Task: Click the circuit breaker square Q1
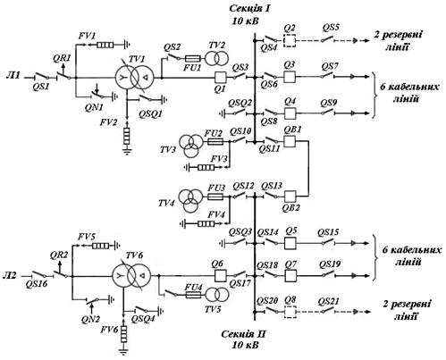click(221, 78)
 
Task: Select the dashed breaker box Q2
click(290, 40)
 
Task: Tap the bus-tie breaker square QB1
click(290, 141)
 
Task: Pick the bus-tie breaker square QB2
click(290, 197)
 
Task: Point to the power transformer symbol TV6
click(131, 276)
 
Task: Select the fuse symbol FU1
click(193, 59)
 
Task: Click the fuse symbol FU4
click(194, 295)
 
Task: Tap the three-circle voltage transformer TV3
click(190, 146)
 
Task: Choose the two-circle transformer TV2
click(217, 58)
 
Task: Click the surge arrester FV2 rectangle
click(127, 136)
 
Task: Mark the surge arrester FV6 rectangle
click(123, 334)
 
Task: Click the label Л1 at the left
click(13, 75)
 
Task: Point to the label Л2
click(11, 275)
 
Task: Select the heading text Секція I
click(249, 8)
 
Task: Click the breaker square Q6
click(221, 275)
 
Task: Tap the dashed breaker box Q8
click(290, 312)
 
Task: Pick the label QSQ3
click(240, 231)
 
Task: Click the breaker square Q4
click(290, 113)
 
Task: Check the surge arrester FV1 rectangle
click(105, 45)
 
